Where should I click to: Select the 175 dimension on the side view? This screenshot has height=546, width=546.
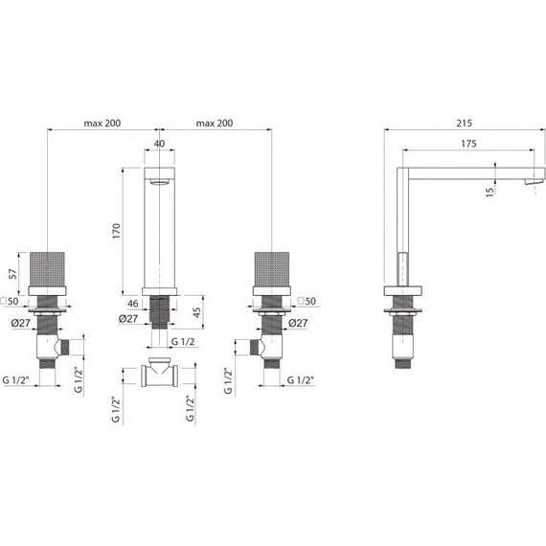[x=466, y=143]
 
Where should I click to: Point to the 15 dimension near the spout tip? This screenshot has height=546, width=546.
[x=490, y=191]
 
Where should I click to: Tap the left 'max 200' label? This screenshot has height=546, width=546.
[x=102, y=124]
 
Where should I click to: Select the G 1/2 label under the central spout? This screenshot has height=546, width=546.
[x=185, y=342]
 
